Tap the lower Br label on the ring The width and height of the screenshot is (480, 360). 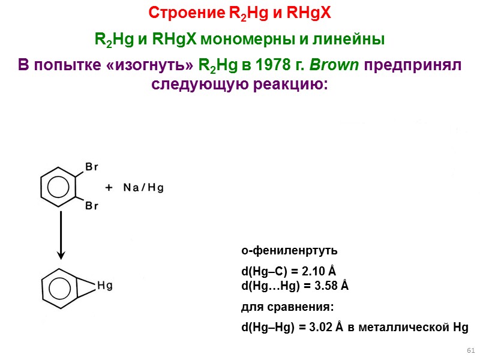[x=92, y=206]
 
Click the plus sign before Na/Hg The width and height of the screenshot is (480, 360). [x=109, y=188]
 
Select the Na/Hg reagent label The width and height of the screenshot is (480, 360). [x=143, y=188]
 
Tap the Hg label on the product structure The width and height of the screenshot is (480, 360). [x=105, y=286]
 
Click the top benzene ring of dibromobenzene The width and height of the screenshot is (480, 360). [x=58, y=186]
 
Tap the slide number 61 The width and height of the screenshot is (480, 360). [x=470, y=350]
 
